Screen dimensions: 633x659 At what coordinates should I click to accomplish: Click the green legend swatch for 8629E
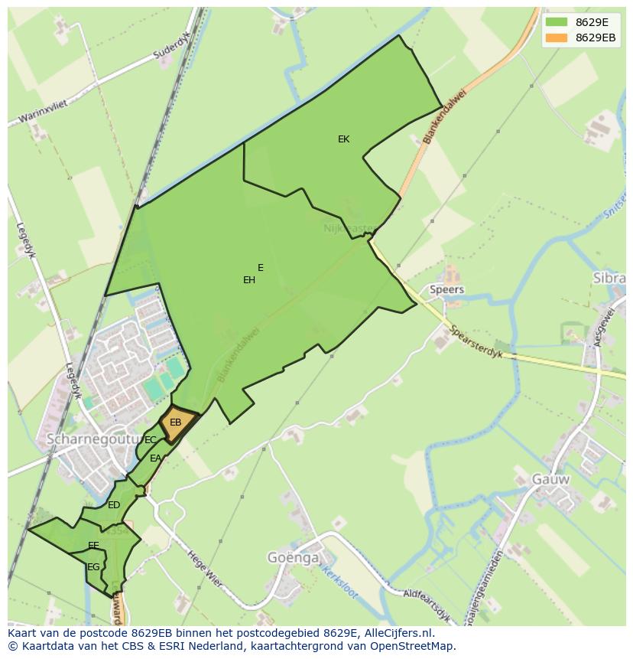point(556,22)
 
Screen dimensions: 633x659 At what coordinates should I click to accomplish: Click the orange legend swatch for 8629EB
point(556,38)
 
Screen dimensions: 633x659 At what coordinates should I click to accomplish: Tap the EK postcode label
point(343,139)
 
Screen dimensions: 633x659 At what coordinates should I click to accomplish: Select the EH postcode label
point(249,280)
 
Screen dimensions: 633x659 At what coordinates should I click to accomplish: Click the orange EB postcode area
point(177,423)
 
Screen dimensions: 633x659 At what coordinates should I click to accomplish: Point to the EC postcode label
point(151,440)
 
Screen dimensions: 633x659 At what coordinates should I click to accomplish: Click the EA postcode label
point(156,458)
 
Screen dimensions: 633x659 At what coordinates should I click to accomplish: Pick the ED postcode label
point(114,505)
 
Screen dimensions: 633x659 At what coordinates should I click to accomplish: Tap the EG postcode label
point(93,567)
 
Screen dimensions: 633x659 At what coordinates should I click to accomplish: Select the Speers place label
point(446,290)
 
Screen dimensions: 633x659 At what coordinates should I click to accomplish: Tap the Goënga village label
point(293,558)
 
